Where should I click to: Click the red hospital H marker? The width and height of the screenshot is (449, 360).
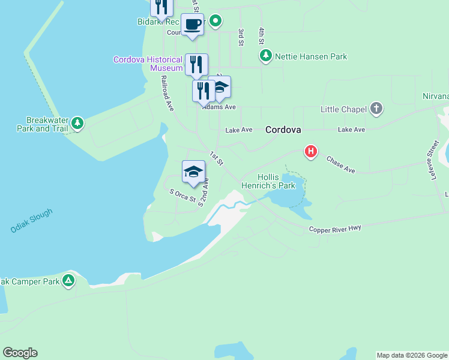pyautogui.click(x=310, y=151)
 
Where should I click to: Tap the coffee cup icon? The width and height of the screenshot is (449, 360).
pyautogui.click(x=192, y=25)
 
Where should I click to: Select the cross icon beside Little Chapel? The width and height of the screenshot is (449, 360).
pyautogui.click(x=376, y=109)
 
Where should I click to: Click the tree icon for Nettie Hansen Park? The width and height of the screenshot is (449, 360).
pyautogui.click(x=265, y=56)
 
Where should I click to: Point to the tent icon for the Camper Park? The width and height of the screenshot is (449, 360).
pyautogui.click(x=69, y=280)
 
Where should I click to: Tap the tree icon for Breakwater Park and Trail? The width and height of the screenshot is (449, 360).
pyautogui.click(x=77, y=124)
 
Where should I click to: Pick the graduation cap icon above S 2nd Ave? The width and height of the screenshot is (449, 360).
pyautogui.click(x=193, y=172)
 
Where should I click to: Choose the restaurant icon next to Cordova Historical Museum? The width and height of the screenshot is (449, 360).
pyautogui.click(x=196, y=64)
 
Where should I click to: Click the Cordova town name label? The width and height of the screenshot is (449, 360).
pyautogui.click(x=283, y=129)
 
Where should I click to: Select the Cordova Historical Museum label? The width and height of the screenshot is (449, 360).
pyautogui.click(x=148, y=64)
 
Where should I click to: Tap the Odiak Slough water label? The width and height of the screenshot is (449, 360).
pyautogui.click(x=31, y=221)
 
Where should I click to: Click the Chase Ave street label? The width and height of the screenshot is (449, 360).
pyautogui.click(x=340, y=164)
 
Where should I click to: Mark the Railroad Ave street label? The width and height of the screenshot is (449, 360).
pyautogui.click(x=167, y=92)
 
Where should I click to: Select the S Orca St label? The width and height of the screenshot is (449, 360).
pyautogui.click(x=182, y=196)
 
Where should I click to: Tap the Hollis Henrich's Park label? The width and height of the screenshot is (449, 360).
pyautogui.click(x=276, y=181)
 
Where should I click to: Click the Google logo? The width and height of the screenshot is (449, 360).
pyautogui.click(x=20, y=353)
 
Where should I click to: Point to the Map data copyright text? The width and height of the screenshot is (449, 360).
pyautogui.click(x=412, y=355)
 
